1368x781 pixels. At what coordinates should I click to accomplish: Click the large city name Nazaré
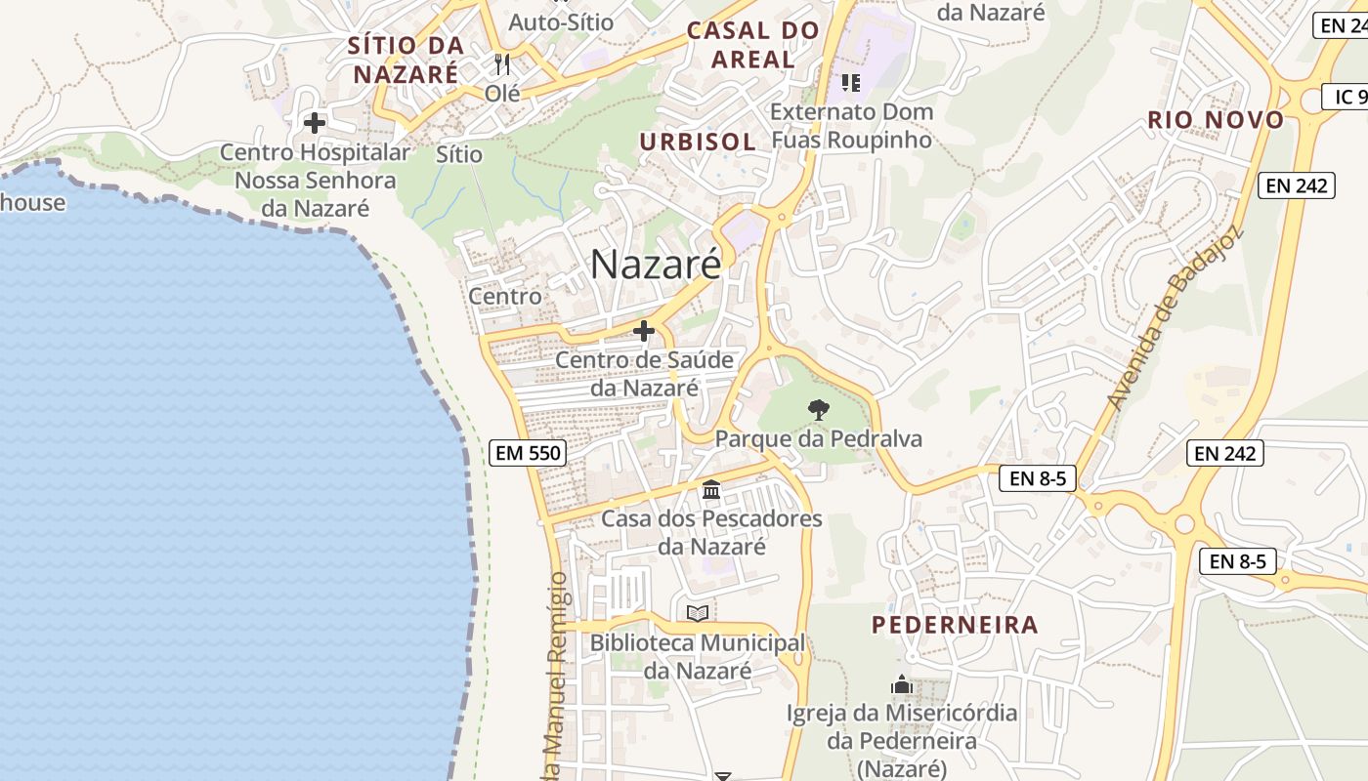(x=656, y=265)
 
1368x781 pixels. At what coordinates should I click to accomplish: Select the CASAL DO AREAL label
(x=752, y=45)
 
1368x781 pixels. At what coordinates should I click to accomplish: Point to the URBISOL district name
(x=698, y=142)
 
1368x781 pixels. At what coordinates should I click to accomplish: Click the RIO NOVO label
(x=1216, y=120)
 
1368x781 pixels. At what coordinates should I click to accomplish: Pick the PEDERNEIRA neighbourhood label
(x=955, y=625)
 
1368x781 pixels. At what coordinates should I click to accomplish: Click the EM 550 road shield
(x=528, y=453)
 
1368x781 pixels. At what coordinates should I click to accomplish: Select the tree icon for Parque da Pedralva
(x=819, y=409)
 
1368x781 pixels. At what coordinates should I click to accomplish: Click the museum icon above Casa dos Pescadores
(x=711, y=489)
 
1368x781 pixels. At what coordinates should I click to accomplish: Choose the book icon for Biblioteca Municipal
(x=698, y=613)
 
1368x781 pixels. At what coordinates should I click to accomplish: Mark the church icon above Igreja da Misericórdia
(x=902, y=684)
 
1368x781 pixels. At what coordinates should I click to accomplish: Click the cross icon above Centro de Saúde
(x=644, y=332)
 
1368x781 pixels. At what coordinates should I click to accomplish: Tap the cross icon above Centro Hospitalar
(x=315, y=123)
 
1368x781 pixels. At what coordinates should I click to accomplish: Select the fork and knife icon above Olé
(x=502, y=64)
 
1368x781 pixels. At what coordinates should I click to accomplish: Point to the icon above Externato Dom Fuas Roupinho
(x=851, y=83)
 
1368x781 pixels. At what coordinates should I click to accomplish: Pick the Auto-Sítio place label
(x=562, y=21)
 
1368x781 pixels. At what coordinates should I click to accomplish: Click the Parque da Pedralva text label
(x=819, y=438)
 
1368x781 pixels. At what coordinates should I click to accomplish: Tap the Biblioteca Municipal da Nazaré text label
(x=698, y=657)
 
